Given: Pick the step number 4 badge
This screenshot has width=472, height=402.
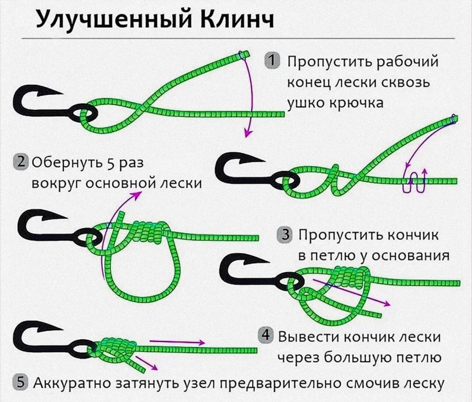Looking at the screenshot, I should [x=266, y=334].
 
